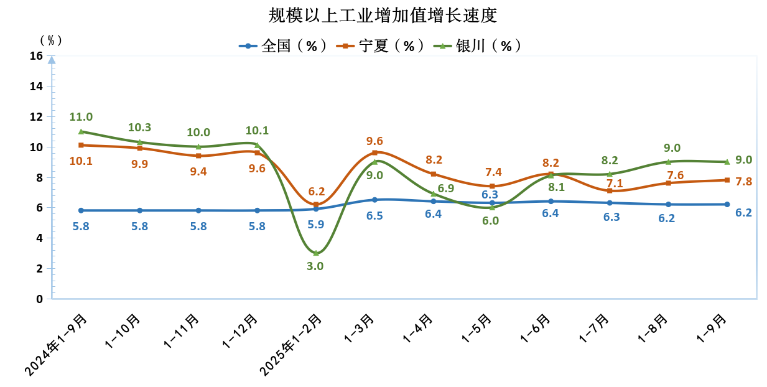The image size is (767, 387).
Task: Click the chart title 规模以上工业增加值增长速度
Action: point(383,15)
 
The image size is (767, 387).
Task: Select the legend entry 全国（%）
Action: point(284,46)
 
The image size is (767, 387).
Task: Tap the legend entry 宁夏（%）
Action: point(381,46)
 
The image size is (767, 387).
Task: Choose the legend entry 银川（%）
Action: point(479,46)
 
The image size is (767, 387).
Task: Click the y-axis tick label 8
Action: point(39,177)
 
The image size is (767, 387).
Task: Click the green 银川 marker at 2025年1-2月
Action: point(316,253)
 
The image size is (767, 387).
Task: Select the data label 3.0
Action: point(315,266)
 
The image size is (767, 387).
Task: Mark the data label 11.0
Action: point(81,117)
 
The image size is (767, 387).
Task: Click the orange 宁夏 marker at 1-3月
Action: point(374,152)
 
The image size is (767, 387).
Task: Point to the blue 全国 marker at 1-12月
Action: point(257,210)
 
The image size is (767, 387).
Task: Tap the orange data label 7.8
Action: point(744,182)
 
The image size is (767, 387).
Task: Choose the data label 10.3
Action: point(139,128)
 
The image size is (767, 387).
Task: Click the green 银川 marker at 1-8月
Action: point(668,162)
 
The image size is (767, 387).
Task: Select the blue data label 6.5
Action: point(374,216)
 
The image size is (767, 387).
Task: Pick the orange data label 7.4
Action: point(492,172)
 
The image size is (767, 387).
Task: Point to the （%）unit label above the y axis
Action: point(51,40)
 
